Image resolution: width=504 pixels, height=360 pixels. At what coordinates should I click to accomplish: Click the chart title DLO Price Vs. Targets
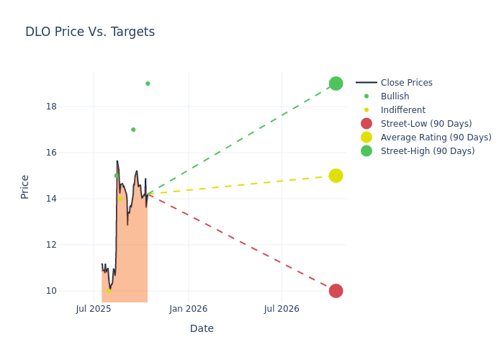click(90, 32)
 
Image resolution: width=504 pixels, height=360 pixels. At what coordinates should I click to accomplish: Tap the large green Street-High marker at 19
click(336, 84)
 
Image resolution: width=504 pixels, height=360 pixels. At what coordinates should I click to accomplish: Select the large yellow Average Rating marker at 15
click(336, 176)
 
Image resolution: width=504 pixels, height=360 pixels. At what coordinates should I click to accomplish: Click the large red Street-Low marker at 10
click(336, 291)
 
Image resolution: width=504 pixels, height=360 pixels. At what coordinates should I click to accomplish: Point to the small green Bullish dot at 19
click(148, 84)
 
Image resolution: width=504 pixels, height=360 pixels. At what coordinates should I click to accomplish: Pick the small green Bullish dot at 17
click(133, 130)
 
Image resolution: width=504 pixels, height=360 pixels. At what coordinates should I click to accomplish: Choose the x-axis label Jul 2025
click(94, 309)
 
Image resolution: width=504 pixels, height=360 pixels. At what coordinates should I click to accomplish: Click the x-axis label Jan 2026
click(189, 309)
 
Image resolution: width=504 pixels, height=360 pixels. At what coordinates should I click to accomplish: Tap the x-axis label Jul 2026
click(282, 309)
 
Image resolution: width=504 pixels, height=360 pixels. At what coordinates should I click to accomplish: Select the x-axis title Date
click(202, 328)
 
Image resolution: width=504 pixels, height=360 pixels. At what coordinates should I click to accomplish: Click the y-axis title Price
click(25, 186)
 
